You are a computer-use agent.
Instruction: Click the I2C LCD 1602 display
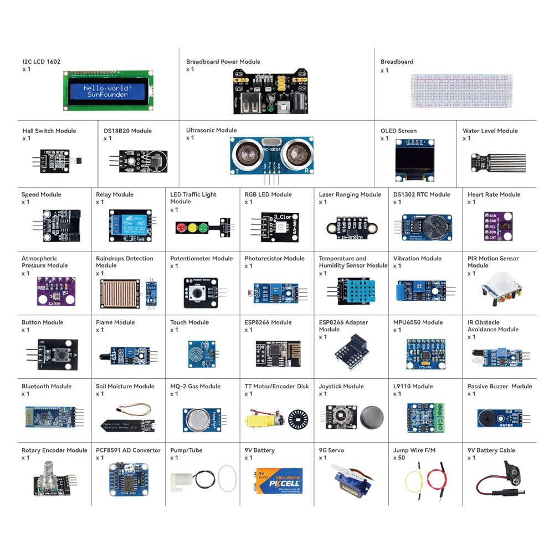(x=107, y=90)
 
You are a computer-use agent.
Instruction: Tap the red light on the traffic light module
(x=179, y=227)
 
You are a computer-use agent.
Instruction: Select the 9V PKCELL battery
(x=279, y=480)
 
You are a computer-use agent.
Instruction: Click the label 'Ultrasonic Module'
(x=211, y=130)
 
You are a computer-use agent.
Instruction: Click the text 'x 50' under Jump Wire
(x=399, y=458)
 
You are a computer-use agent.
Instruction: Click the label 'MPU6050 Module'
(x=418, y=322)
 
